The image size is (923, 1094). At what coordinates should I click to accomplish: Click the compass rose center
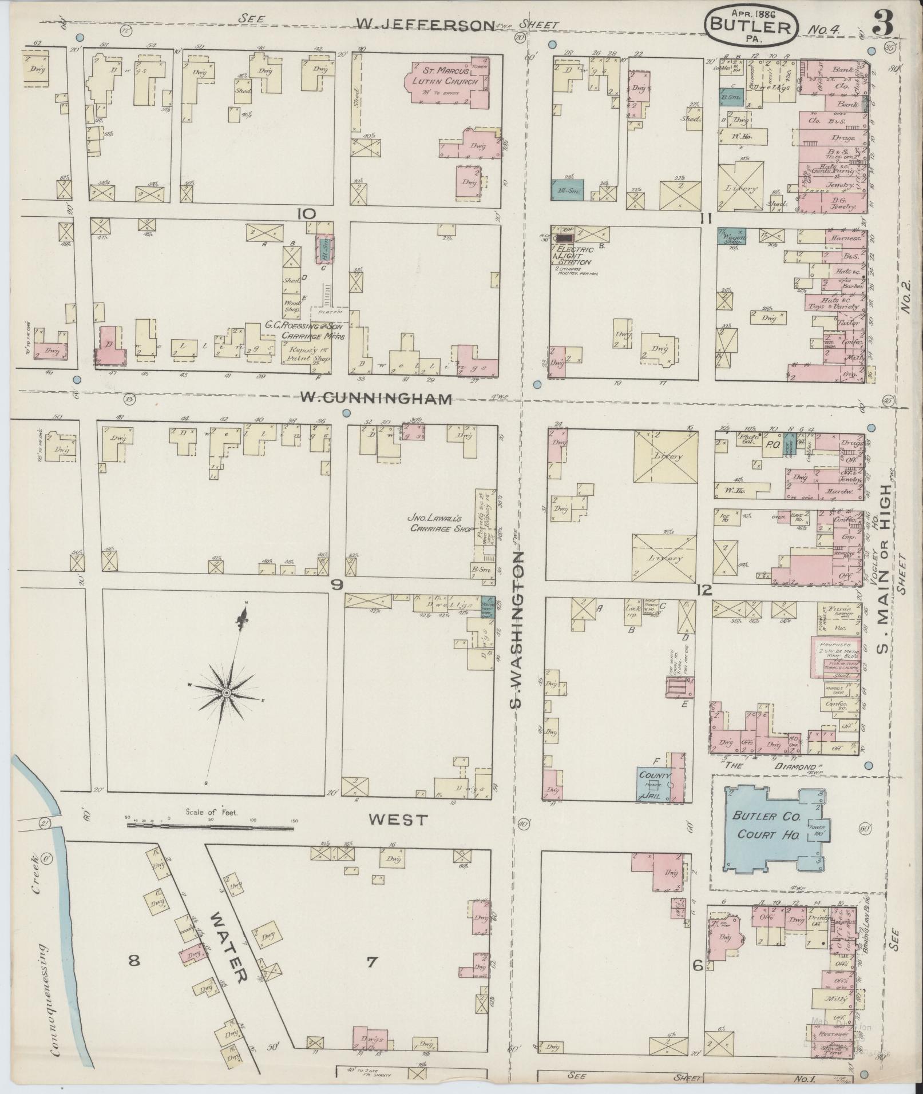[226, 693]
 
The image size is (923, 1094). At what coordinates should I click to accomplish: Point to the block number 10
[306, 214]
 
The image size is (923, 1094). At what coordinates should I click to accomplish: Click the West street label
[398, 819]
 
